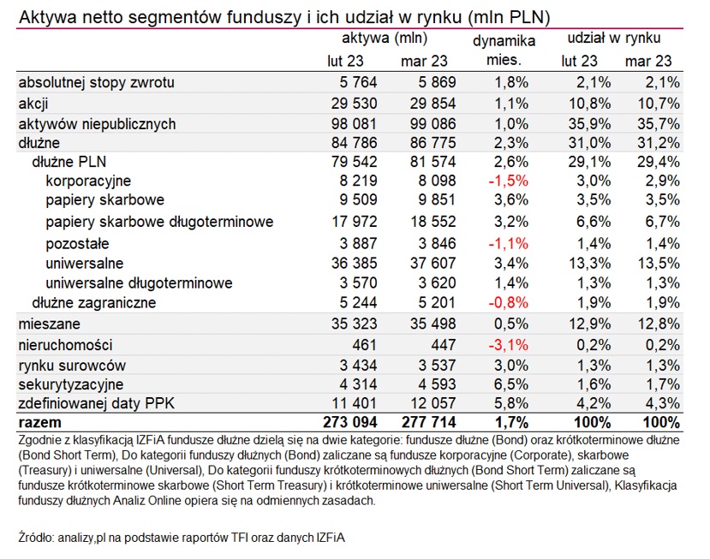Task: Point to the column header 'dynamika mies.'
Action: (x=504, y=51)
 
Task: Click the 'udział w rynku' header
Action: (x=613, y=39)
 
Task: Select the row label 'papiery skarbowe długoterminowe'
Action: (x=159, y=222)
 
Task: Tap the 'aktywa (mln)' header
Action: (x=385, y=39)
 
